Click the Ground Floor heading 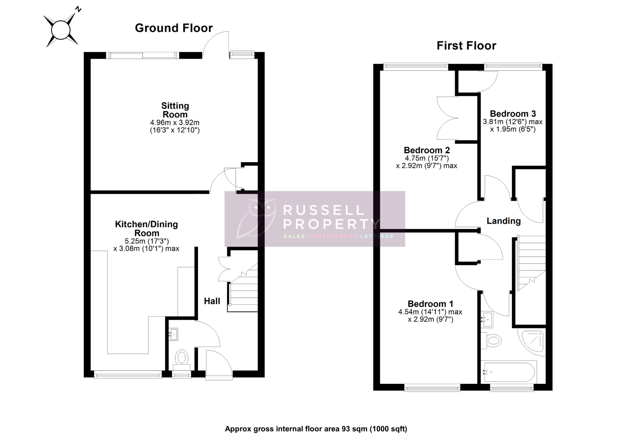(174, 28)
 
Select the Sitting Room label (175, 110)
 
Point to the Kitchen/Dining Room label (146, 228)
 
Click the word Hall (212, 301)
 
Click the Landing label (503, 221)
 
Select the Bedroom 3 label (513, 114)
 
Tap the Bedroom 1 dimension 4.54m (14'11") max (430, 312)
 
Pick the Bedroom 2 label (427, 150)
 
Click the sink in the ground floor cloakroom (173, 334)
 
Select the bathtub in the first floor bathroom (509, 372)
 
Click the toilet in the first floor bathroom (492, 341)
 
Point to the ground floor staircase (244, 292)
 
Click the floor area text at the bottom (316, 429)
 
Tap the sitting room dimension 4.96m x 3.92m (175, 122)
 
